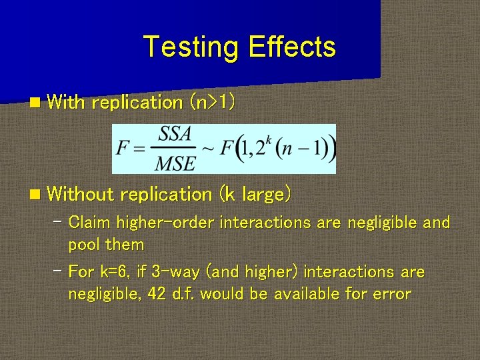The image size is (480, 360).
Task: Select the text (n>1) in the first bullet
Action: point(212,102)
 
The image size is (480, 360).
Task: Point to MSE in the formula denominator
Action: point(175,162)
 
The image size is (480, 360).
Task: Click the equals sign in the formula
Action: point(139,149)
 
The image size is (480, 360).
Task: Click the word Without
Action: point(81,195)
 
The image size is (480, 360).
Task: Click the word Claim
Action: point(90,222)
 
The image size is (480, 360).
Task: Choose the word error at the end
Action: point(392,294)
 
